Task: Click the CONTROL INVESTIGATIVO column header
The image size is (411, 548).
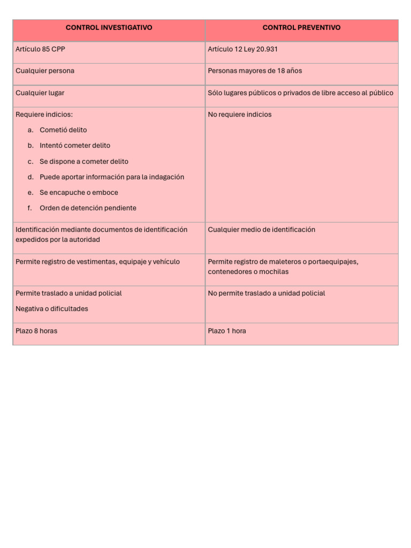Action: [109, 28]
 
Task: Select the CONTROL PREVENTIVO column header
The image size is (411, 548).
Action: [301, 28]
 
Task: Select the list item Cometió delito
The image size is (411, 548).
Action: [63, 130]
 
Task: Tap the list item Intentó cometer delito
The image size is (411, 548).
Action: [75, 146]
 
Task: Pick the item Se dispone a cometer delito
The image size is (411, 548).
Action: [84, 162]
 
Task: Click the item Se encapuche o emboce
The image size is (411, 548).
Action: [79, 193]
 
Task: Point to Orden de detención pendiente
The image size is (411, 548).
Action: [88, 208]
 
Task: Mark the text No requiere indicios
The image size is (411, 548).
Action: [240, 115]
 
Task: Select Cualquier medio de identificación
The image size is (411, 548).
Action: [261, 230]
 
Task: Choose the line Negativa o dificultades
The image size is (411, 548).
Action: [52, 309]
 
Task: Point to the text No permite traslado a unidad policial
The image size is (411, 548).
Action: [267, 293]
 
